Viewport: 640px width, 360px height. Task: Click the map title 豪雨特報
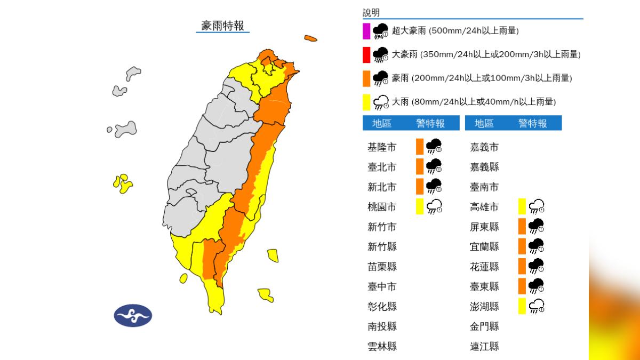(x=222, y=26)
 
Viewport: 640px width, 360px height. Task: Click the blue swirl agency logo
(x=133, y=315)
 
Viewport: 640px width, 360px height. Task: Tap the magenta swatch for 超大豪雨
(x=366, y=31)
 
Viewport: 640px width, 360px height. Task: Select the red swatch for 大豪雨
(x=366, y=54)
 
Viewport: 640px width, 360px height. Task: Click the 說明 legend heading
(x=371, y=13)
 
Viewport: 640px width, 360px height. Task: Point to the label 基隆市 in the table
(x=382, y=147)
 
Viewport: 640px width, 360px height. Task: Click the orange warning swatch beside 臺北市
(x=420, y=166)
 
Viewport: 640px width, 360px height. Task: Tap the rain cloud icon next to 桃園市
(x=434, y=206)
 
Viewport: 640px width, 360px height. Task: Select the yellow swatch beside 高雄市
(x=522, y=206)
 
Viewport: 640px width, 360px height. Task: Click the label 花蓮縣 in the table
(x=484, y=266)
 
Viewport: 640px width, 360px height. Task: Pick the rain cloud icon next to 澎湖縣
(x=536, y=306)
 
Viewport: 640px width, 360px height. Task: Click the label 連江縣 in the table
(x=484, y=347)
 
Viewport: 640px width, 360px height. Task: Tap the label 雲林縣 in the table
(x=382, y=347)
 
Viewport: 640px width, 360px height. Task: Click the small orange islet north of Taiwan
(x=310, y=38)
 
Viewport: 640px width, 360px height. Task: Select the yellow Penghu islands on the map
(x=123, y=183)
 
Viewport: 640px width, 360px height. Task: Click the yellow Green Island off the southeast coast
(x=273, y=255)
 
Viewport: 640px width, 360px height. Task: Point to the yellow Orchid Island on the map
(x=266, y=294)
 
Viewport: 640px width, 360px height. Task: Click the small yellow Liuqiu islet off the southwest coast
(x=183, y=278)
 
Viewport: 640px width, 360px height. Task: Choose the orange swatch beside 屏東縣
(x=522, y=227)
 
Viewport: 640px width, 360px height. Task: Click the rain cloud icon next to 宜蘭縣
(x=536, y=246)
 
